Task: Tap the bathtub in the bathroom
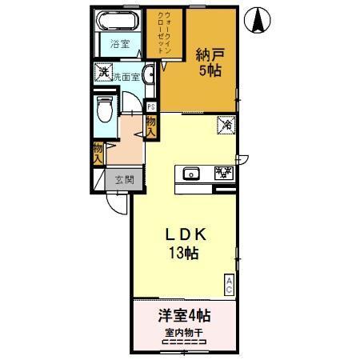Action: pyautogui.click(x=118, y=22)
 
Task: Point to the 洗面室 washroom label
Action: pyautogui.click(x=126, y=78)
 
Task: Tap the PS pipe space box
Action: pyautogui.click(x=150, y=106)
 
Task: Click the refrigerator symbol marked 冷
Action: pyautogui.click(x=226, y=125)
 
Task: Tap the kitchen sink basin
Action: pyautogui.click(x=191, y=173)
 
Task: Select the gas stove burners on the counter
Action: pyautogui.click(x=223, y=172)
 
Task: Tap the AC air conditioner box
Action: pyautogui.click(x=229, y=284)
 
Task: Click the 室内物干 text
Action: pyautogui.click(x=184, y=332)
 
